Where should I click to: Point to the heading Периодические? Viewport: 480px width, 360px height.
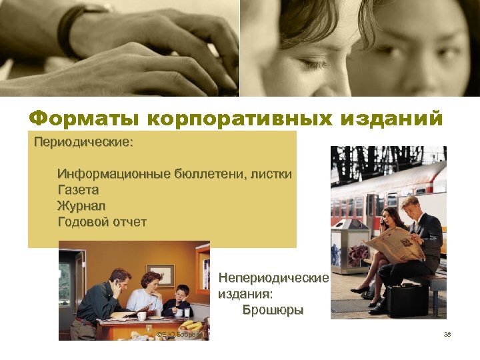pos(83,143)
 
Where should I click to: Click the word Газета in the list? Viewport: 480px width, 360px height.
pos(78,190)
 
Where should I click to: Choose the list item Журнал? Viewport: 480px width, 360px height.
pos(81,206)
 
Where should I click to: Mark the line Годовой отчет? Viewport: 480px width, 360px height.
pos(102,222)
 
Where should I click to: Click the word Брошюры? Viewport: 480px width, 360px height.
pos(273,310)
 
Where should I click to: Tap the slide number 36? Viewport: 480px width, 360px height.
pos(447,334)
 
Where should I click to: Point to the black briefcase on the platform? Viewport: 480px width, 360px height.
pos(407,299)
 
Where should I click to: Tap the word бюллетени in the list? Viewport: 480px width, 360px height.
pos(206,174)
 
